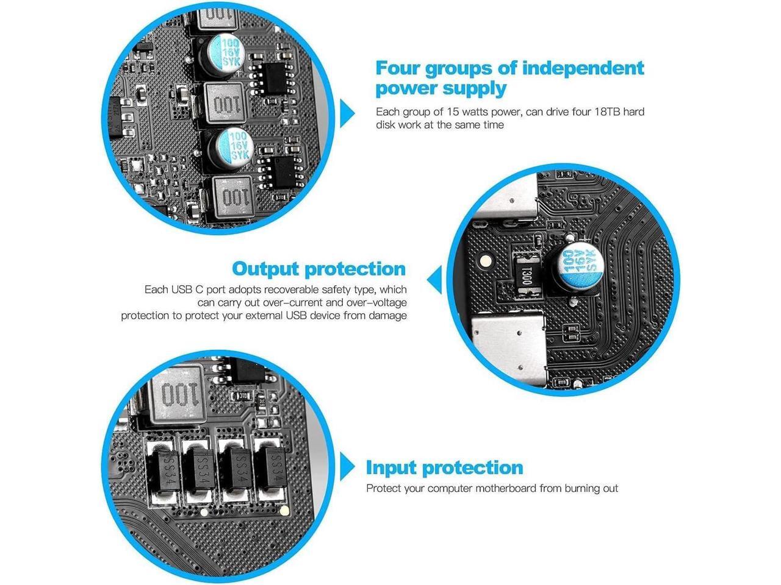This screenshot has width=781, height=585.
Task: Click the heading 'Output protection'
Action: click(x=319, y=269)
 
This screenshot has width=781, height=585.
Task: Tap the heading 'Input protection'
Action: click(x=444, y=467)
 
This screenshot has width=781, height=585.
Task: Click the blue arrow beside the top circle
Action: click(x=348, y=113)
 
